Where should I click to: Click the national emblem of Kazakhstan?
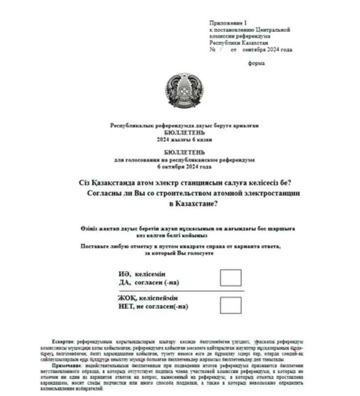pos(184,91)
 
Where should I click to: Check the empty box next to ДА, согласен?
pos(231,277)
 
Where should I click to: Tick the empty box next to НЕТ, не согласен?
pos(231,305)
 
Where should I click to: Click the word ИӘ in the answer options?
pos(124,274)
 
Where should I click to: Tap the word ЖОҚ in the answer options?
pos(126,298)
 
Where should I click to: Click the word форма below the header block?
pos(256,63)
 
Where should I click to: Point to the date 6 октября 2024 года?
pos(184,167)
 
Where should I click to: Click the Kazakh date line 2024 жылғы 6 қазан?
pos(184,139)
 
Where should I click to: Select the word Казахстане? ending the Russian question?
pos(198,204)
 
